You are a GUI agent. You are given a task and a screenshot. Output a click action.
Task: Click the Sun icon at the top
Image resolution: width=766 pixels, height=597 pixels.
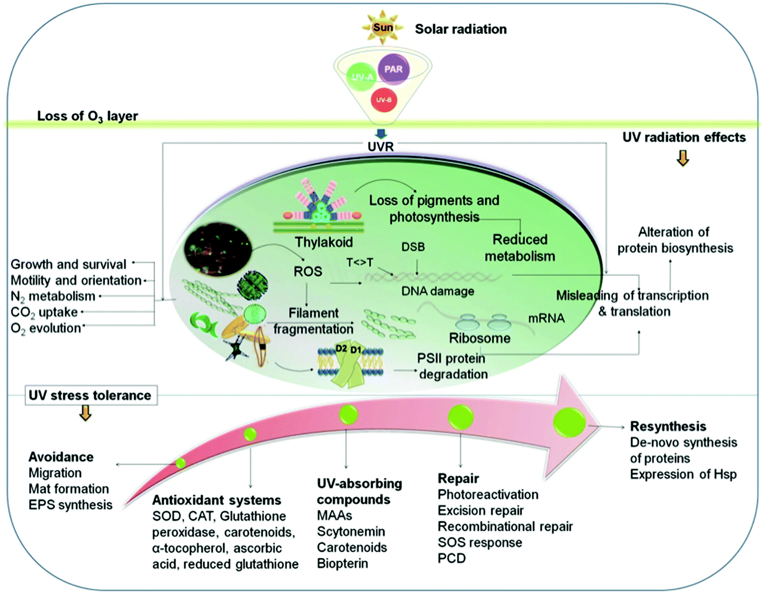pyautogui.click(x=383, y=27)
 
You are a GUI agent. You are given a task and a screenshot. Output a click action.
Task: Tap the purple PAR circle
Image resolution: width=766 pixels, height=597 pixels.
pyautogui.click(x=393, y=69)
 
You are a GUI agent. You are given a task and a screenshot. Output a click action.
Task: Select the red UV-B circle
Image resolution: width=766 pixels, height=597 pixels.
pyautogui.click(x=384, y=100)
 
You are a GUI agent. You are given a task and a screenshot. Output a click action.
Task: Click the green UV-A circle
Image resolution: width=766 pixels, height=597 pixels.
pyautogui.click(x=361, y=77)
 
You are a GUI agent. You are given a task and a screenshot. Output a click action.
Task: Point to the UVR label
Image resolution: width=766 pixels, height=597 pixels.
pyautogui.click(x=380, y=147)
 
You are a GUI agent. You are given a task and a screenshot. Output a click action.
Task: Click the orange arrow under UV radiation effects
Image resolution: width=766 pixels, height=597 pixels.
pyautogui.click(x=683, y=158)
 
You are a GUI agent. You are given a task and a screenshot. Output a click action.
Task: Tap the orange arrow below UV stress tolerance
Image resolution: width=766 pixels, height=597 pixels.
pyautogui.click(x=85, y=413)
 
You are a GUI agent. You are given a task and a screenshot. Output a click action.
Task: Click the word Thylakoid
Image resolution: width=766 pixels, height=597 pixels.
pyautogui.click(x=324, y=242)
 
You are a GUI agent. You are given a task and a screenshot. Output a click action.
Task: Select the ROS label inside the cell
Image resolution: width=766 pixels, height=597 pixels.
pyautogui.click(x=308, y=272)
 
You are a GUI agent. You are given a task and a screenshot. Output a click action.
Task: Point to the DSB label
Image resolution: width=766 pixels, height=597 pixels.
pyautogui.click(x=413, y=247)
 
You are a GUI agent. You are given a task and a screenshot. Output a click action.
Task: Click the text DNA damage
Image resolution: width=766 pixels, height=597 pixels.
pyautogui.click(x=437, y=291)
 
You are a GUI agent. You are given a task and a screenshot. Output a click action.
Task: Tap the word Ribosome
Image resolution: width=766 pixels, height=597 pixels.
pyautogui.click(x=479, y=338)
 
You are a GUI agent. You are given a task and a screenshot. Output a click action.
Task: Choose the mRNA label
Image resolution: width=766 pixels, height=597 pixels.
pyautogui.click(x=546, y=318)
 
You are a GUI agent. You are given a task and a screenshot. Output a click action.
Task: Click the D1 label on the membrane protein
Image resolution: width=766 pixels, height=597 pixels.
pyautogui.click(x=356, y=350)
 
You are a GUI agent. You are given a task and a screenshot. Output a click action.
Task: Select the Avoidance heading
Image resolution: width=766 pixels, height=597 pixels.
pyautogui.click(x=61, y=457)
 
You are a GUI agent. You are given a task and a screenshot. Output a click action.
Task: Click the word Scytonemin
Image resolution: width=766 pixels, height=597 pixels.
pyautogui.click(x=351, y=532)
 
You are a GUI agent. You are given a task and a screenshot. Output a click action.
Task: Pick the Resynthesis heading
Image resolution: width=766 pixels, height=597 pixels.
pyautogui.click(x=668, y=426)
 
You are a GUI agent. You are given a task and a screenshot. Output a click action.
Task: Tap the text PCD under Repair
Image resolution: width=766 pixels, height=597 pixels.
pyautogui.click(x=451, y=558)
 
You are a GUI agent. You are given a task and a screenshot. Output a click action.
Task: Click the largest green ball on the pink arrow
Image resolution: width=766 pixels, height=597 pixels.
pyautogui.click(x=569, y=422)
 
